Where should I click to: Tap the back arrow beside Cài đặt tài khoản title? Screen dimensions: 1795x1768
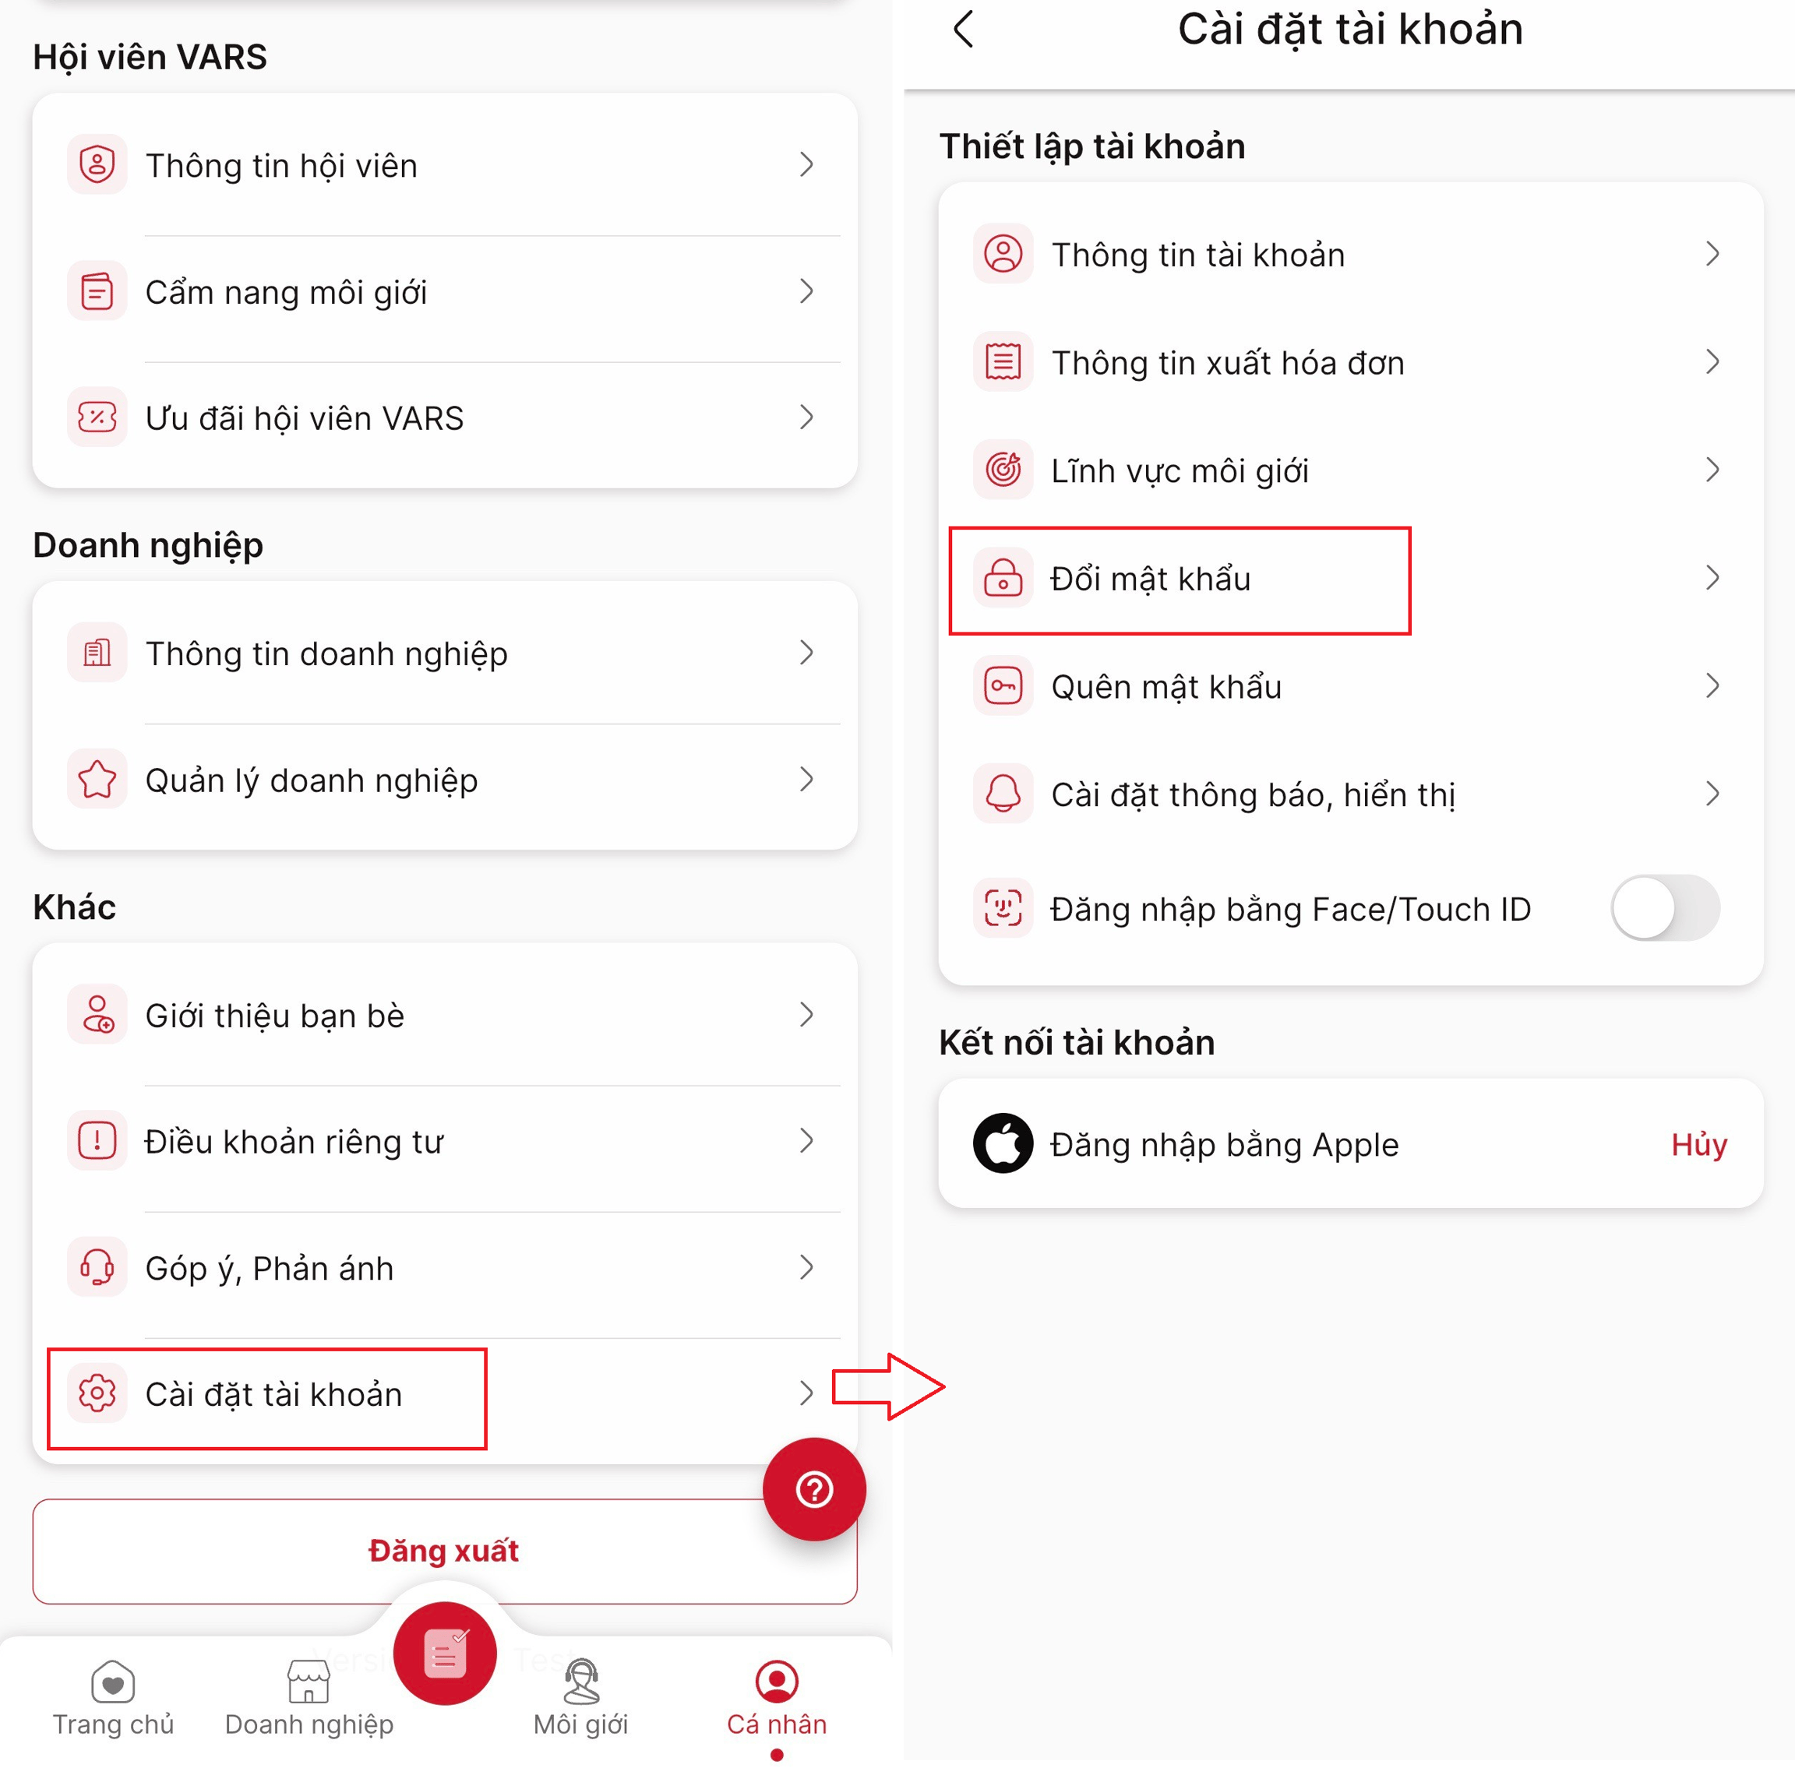[963, 29]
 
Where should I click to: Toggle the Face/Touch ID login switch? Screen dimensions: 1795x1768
[1665, 907]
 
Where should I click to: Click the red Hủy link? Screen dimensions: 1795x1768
[1698, 1144]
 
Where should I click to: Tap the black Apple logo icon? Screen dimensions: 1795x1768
[1003, 1143]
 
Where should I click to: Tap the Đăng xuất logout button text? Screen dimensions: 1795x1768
[444, 1551]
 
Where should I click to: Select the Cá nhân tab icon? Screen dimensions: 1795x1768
[776, 1681]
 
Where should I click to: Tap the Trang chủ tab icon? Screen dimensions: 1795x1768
[113, 1682]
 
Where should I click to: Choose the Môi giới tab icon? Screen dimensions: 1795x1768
[581, 1682]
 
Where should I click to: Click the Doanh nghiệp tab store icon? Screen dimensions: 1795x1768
[309, 1682]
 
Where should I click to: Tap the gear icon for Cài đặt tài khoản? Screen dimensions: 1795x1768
[97, 1393]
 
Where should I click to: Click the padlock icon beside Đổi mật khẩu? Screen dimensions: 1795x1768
[1003, 578]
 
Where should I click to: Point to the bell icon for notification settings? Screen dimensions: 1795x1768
[1003, 793]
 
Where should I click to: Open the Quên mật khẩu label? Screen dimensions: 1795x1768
[1166, 686]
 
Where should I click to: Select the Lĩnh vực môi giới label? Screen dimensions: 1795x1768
[1180, 470]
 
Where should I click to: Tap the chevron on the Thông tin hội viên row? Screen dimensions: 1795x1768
[806, 164]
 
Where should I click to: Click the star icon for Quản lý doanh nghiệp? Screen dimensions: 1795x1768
[97, 779]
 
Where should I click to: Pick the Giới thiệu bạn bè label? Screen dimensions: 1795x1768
[275, 1015]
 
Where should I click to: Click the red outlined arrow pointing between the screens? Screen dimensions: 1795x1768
[887, 1386]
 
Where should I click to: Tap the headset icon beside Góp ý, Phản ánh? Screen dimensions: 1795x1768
[97, 1266]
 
